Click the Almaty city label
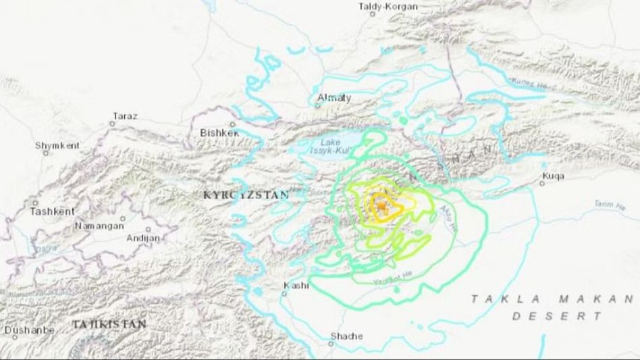[x=334, y=98]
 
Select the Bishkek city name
[x=220, y=133]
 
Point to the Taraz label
[x=125, y=116]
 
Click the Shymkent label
[x=57, y=145]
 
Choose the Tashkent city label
[x=51, y=211]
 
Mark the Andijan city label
[x=143, y=238]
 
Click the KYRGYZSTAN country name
[x=246, y=195]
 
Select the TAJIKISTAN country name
[x=109, y=325]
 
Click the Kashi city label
[x=296, y=286]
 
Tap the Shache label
[x=346, y=336]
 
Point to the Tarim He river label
[x=610, y=204]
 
